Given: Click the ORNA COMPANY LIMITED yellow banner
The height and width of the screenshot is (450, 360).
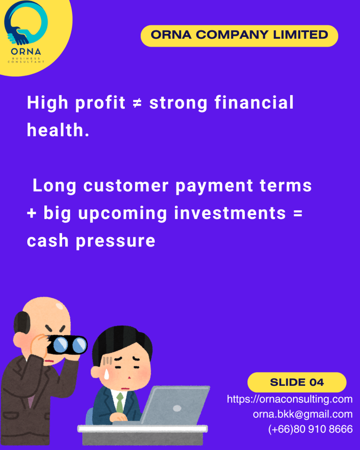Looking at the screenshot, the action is pos(239,36).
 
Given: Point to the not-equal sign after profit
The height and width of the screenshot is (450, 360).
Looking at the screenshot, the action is pos(138,103).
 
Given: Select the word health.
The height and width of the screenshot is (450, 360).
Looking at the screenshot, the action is pos(58,130).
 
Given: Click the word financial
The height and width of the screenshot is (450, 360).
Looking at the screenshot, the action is pos(254,102).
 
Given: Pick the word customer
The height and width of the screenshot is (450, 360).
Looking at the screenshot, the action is pos(126,186).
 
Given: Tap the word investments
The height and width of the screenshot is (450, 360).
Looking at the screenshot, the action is pos(230,213).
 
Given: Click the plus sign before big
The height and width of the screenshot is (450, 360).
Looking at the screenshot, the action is pos(32,213).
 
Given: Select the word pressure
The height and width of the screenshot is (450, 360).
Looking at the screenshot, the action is pos(116,241).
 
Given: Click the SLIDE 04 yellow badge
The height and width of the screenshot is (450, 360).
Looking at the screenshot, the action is pos(297,382).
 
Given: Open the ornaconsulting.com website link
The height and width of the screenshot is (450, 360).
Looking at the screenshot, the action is pos(290,399).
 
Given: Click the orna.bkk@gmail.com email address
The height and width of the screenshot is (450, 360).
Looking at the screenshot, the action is pos(302,414).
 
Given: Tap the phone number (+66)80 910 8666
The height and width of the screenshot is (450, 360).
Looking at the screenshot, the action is pos(310,429).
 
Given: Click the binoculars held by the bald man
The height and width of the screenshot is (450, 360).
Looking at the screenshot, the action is pos(68,345).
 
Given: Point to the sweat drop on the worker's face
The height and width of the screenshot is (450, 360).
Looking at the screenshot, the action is pos(106,374).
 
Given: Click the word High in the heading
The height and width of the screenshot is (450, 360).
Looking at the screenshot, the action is pos(47,103).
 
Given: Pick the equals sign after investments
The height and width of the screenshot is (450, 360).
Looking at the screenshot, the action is pos(298,213).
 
